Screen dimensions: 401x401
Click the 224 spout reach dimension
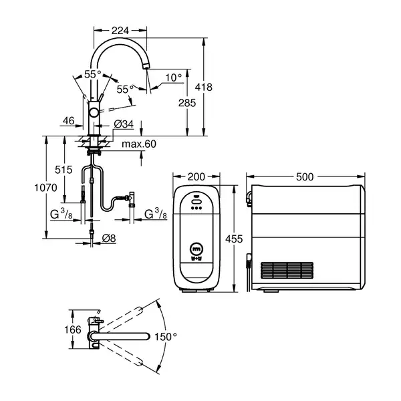(x=120, y=31)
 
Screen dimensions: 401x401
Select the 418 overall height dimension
(x=204, y=87)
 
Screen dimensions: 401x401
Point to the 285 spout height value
(x=187, y=103)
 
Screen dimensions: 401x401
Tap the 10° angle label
(x=174, y=78)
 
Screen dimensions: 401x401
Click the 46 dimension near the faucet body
(x=69, y=121)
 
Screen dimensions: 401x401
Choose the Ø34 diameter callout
(x=124, y=124)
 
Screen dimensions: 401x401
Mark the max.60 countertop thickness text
(x=139, y=144)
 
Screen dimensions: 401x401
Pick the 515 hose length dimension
(x=63, y=170)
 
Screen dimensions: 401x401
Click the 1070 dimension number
(x=45, y=188)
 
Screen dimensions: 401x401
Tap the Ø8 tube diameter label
(x=109, y=239)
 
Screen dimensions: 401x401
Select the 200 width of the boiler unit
(x=196, y=176)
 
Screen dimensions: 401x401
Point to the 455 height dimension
(x=234, y=239)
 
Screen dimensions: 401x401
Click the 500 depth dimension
(x=305, y=176)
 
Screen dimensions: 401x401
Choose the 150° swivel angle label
(x=166, y=337)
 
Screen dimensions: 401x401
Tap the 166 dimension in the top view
(x=73, y=329)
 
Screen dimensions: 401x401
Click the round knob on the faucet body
(x=94, y=112)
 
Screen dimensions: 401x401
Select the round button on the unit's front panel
(x=196, y=249)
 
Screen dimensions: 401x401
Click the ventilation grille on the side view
(x=287, y=270)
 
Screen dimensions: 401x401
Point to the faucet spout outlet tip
(x=146, y=66)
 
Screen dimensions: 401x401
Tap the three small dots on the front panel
(x=196, y=208)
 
